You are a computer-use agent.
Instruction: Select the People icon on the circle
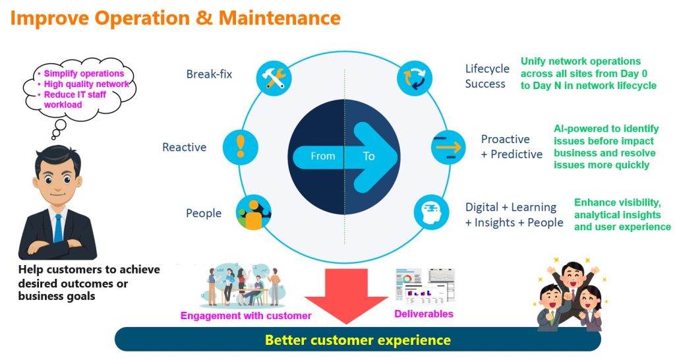click(254, 212)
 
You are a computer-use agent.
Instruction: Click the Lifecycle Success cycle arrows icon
click(415, 76)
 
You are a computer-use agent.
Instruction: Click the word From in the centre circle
click(323, 156)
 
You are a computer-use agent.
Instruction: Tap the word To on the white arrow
click(368, 156)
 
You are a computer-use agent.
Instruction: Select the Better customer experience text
click(358, 340)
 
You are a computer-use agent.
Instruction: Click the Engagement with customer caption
click(246, 316)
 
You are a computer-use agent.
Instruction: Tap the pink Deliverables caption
click(424, 314)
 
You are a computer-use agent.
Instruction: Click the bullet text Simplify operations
click(84, 73)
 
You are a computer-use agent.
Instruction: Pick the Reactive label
click(185, 147)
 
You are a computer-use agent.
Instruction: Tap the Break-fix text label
click(209, 74)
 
